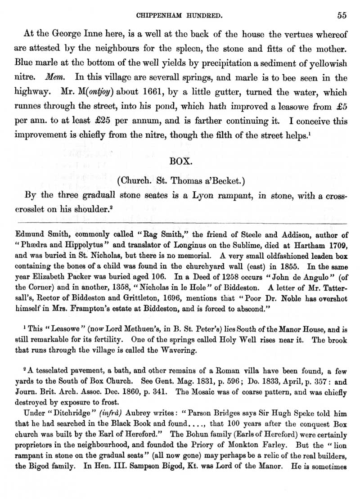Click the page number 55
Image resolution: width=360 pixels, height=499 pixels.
pyautogui.click(x=341, y=15)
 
